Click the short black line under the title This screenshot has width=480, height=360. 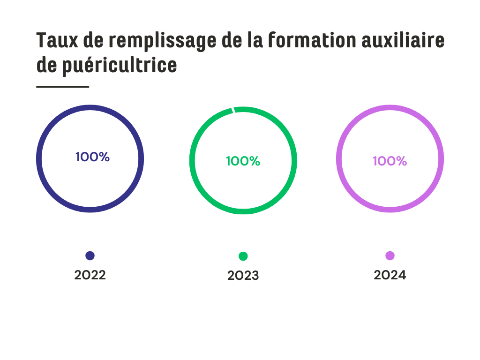click(62, 87)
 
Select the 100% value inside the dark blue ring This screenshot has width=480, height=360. click(92, 157)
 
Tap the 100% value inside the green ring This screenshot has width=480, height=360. click(243, 161)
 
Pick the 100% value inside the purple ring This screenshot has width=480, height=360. click(390, 161)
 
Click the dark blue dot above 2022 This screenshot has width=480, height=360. click(90, 255)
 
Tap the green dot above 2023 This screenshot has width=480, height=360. click(243, 256)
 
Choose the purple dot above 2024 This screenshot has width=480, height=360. click(390, 255)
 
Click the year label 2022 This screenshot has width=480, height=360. click(90, 275)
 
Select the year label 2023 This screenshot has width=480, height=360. click(243, 276)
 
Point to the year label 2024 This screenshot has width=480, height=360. click(390, 275)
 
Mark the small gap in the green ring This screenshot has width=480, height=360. click(233, 110)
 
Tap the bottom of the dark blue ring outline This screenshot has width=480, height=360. click(90, 210)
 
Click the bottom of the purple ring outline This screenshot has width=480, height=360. click(390, 210)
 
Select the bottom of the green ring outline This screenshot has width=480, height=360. click(243, 211)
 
